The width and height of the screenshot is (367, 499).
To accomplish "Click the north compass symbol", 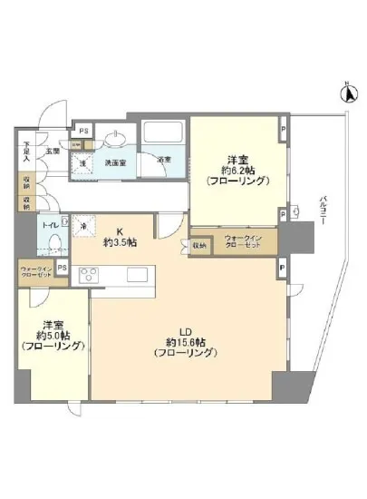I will [344, 91].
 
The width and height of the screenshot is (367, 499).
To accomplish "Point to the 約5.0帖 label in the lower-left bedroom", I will [54, 335].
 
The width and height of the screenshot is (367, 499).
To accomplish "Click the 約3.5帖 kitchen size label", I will [121, 244].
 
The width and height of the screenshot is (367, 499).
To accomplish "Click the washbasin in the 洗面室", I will [115, 139].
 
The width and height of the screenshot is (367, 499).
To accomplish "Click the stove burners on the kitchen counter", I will [92, 274].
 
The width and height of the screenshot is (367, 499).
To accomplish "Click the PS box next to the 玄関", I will [83, 130].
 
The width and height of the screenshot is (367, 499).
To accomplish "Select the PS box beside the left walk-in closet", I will [62, 268].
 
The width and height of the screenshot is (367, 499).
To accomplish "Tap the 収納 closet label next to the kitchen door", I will [199, 245].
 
